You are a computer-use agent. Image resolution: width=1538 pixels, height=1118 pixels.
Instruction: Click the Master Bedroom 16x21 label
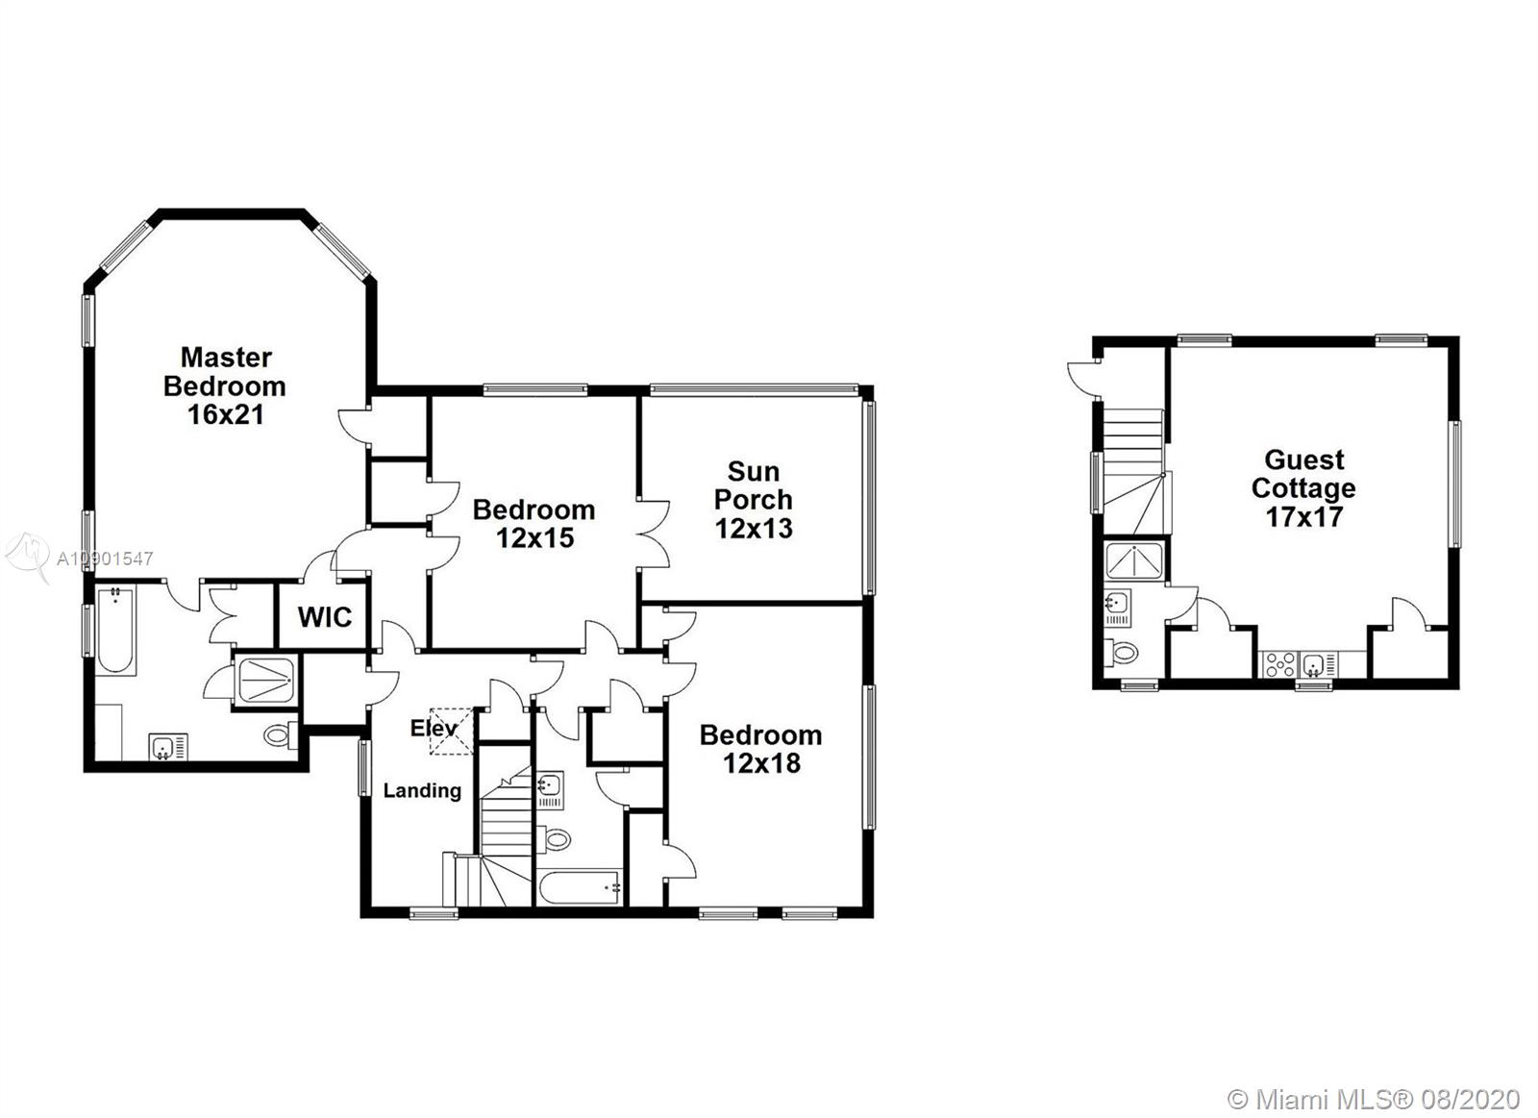pyautogui.click(x=225, y=385)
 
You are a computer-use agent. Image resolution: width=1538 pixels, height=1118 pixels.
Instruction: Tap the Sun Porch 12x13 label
pyautogui.click(x=754, y=500)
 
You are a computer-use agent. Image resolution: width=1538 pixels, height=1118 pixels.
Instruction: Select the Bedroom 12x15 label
pyautogui.click(x=534, y=524)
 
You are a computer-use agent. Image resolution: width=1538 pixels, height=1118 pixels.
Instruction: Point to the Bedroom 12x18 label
pyautogui.click(x=760, y=749)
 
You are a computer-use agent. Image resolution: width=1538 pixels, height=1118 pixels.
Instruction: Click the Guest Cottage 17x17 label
pyautogui.click(x=1303, y=488)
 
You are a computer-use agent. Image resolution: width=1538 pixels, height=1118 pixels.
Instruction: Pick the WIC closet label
pyautogui.click(x=325, y=617)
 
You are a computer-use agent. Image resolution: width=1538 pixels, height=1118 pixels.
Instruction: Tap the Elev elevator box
pyautogui.click(x=451, y=732)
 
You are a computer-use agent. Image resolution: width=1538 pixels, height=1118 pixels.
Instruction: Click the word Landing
pyautogui.click(x=422, y=790)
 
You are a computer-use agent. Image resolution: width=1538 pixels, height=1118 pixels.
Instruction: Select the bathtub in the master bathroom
pyautogui.click(x=114, y=630)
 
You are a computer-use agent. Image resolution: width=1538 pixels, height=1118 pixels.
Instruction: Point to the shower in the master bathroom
pyautogui.click(x=265, y=681)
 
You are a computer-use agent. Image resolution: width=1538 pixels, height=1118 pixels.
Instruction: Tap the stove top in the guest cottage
pyautogui.click(x=1279, y=665)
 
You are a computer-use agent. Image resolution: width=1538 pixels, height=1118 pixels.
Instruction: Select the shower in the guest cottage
pyautogui.click(x=1134, y=561)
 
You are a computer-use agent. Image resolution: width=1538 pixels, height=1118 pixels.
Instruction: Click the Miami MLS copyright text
pyautogui.click(x=1374, y=1061)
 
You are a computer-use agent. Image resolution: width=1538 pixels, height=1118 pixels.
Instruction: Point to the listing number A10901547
pyautogui.click(x=105, y=559)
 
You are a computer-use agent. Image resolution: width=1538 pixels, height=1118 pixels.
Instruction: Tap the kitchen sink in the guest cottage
pyautogui.click(x=1318, y=665)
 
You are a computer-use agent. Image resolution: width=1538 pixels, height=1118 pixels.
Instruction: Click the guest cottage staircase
pyautogui.click(x=1133, y=470)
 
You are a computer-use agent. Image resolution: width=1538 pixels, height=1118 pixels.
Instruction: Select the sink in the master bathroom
pyautogui.click(x=168, y=747)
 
